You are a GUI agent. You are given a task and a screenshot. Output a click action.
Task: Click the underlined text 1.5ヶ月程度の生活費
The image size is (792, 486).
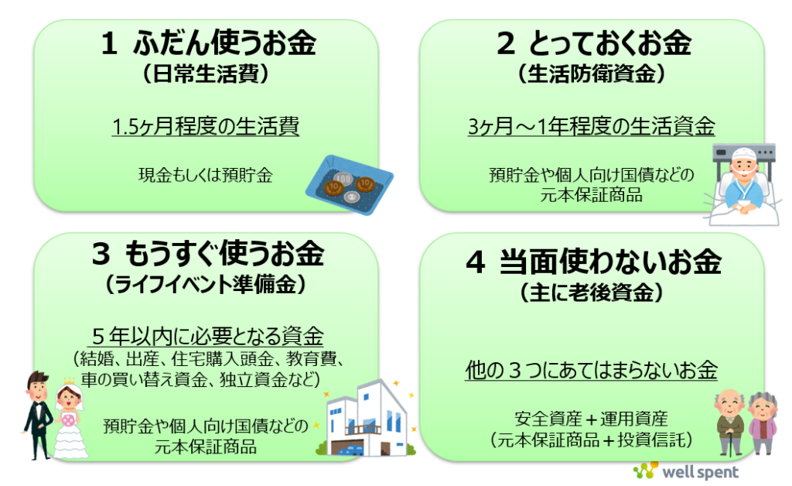(x=206, y=126)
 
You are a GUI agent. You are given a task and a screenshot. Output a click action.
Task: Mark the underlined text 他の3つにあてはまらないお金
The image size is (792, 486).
(x=592, y=370)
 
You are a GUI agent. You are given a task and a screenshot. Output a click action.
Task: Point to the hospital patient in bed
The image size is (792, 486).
(x=741, y=183)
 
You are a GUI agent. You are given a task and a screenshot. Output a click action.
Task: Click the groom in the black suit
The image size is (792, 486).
(x=36, y=414)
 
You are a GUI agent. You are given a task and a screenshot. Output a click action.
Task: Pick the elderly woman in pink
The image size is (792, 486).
(x=761, y=423)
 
